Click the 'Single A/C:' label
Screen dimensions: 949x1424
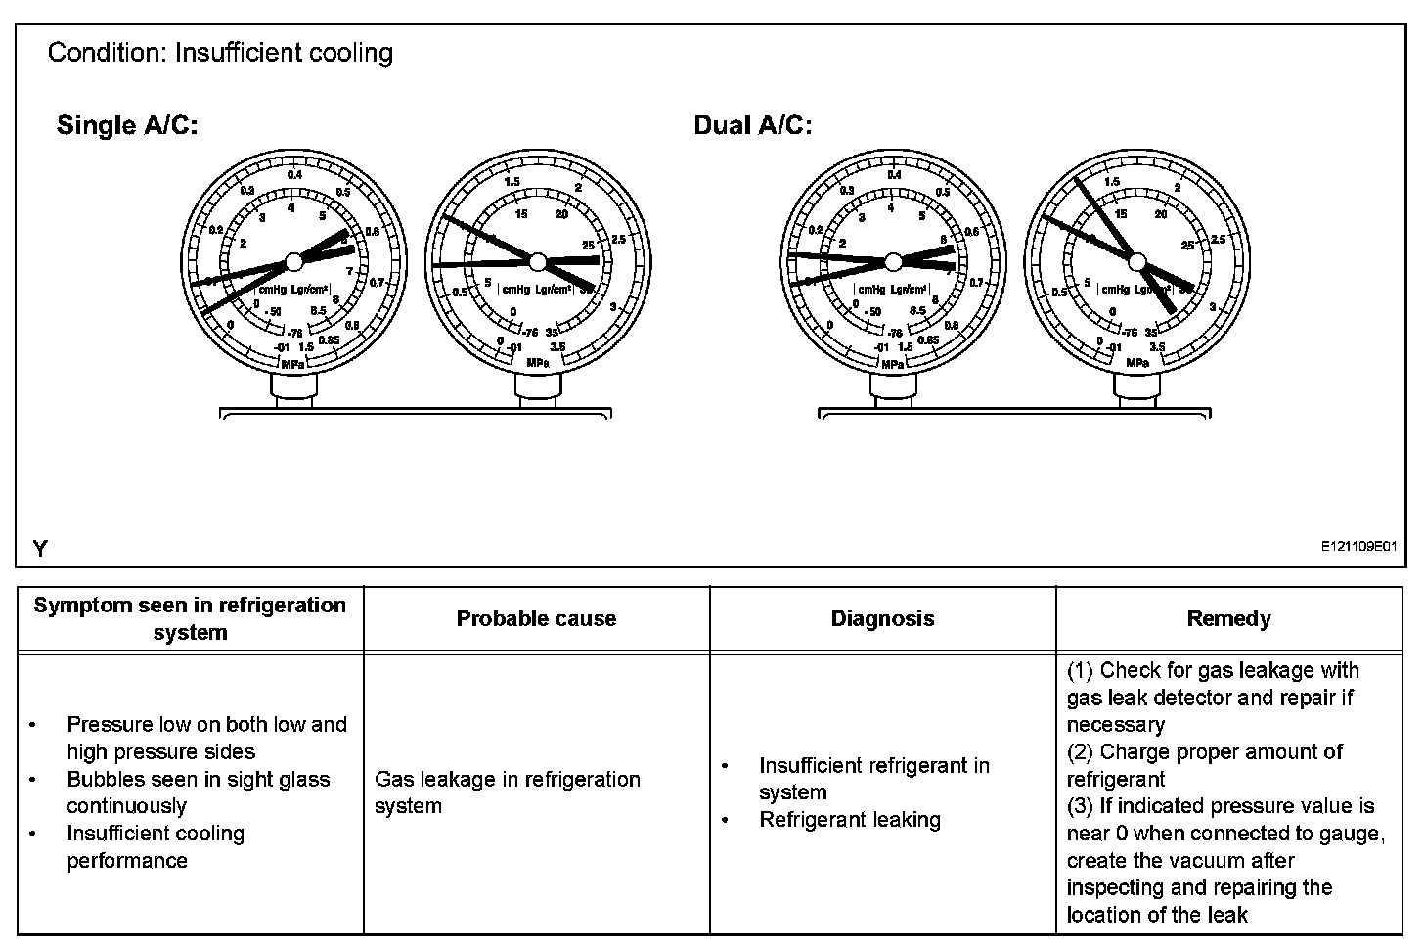[127, 125]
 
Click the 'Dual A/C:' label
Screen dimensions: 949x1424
[752, 125]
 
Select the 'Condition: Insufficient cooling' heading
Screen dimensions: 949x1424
[220, 53]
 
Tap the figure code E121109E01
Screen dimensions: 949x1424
[1358, 549]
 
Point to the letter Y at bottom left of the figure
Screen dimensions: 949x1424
[40, 549]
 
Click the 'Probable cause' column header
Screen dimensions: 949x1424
[536, 618]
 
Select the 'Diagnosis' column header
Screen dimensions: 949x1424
[882, 618]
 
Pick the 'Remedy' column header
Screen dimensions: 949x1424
[1228, 618]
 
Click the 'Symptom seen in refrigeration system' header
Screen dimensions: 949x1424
[190, 618]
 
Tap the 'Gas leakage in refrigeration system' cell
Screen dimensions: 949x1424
[507, 792]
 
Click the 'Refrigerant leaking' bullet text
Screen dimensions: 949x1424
[849, 820]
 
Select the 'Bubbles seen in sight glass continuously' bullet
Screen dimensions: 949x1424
[198, 792]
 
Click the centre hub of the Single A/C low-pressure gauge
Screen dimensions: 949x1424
[292, 262]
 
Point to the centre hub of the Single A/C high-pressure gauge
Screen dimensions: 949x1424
[536, 261]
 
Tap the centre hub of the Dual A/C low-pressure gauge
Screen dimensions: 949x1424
[892, 261]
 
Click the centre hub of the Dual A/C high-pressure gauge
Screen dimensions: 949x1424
[1135, 260]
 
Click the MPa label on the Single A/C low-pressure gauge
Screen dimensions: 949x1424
[292, 365]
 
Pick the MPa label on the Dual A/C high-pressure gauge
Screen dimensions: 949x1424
[1136, 363]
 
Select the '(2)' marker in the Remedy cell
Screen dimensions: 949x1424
[1080, 752]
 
